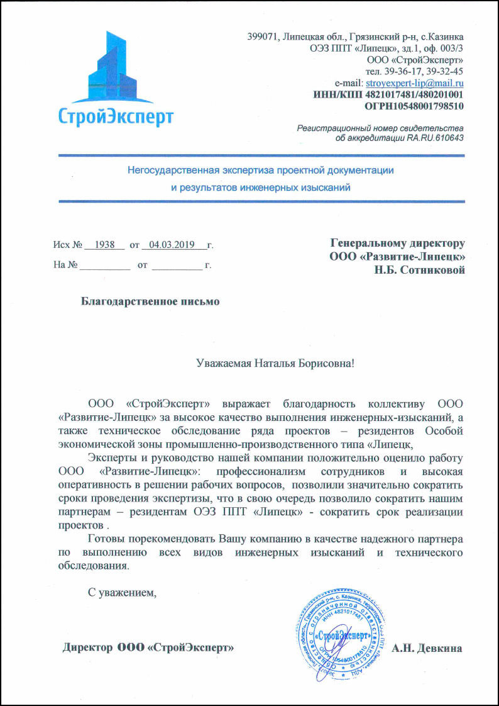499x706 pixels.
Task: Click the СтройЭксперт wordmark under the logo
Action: pos(116,116)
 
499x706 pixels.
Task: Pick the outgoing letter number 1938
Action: pos(105,244)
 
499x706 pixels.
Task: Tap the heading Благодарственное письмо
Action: pos(151,301)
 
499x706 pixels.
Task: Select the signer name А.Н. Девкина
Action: pos(427,648)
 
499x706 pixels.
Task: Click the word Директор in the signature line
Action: pos(88,647)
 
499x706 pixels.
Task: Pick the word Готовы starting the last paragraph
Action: pos(108,539)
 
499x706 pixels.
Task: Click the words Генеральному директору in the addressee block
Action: pos(397,243)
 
